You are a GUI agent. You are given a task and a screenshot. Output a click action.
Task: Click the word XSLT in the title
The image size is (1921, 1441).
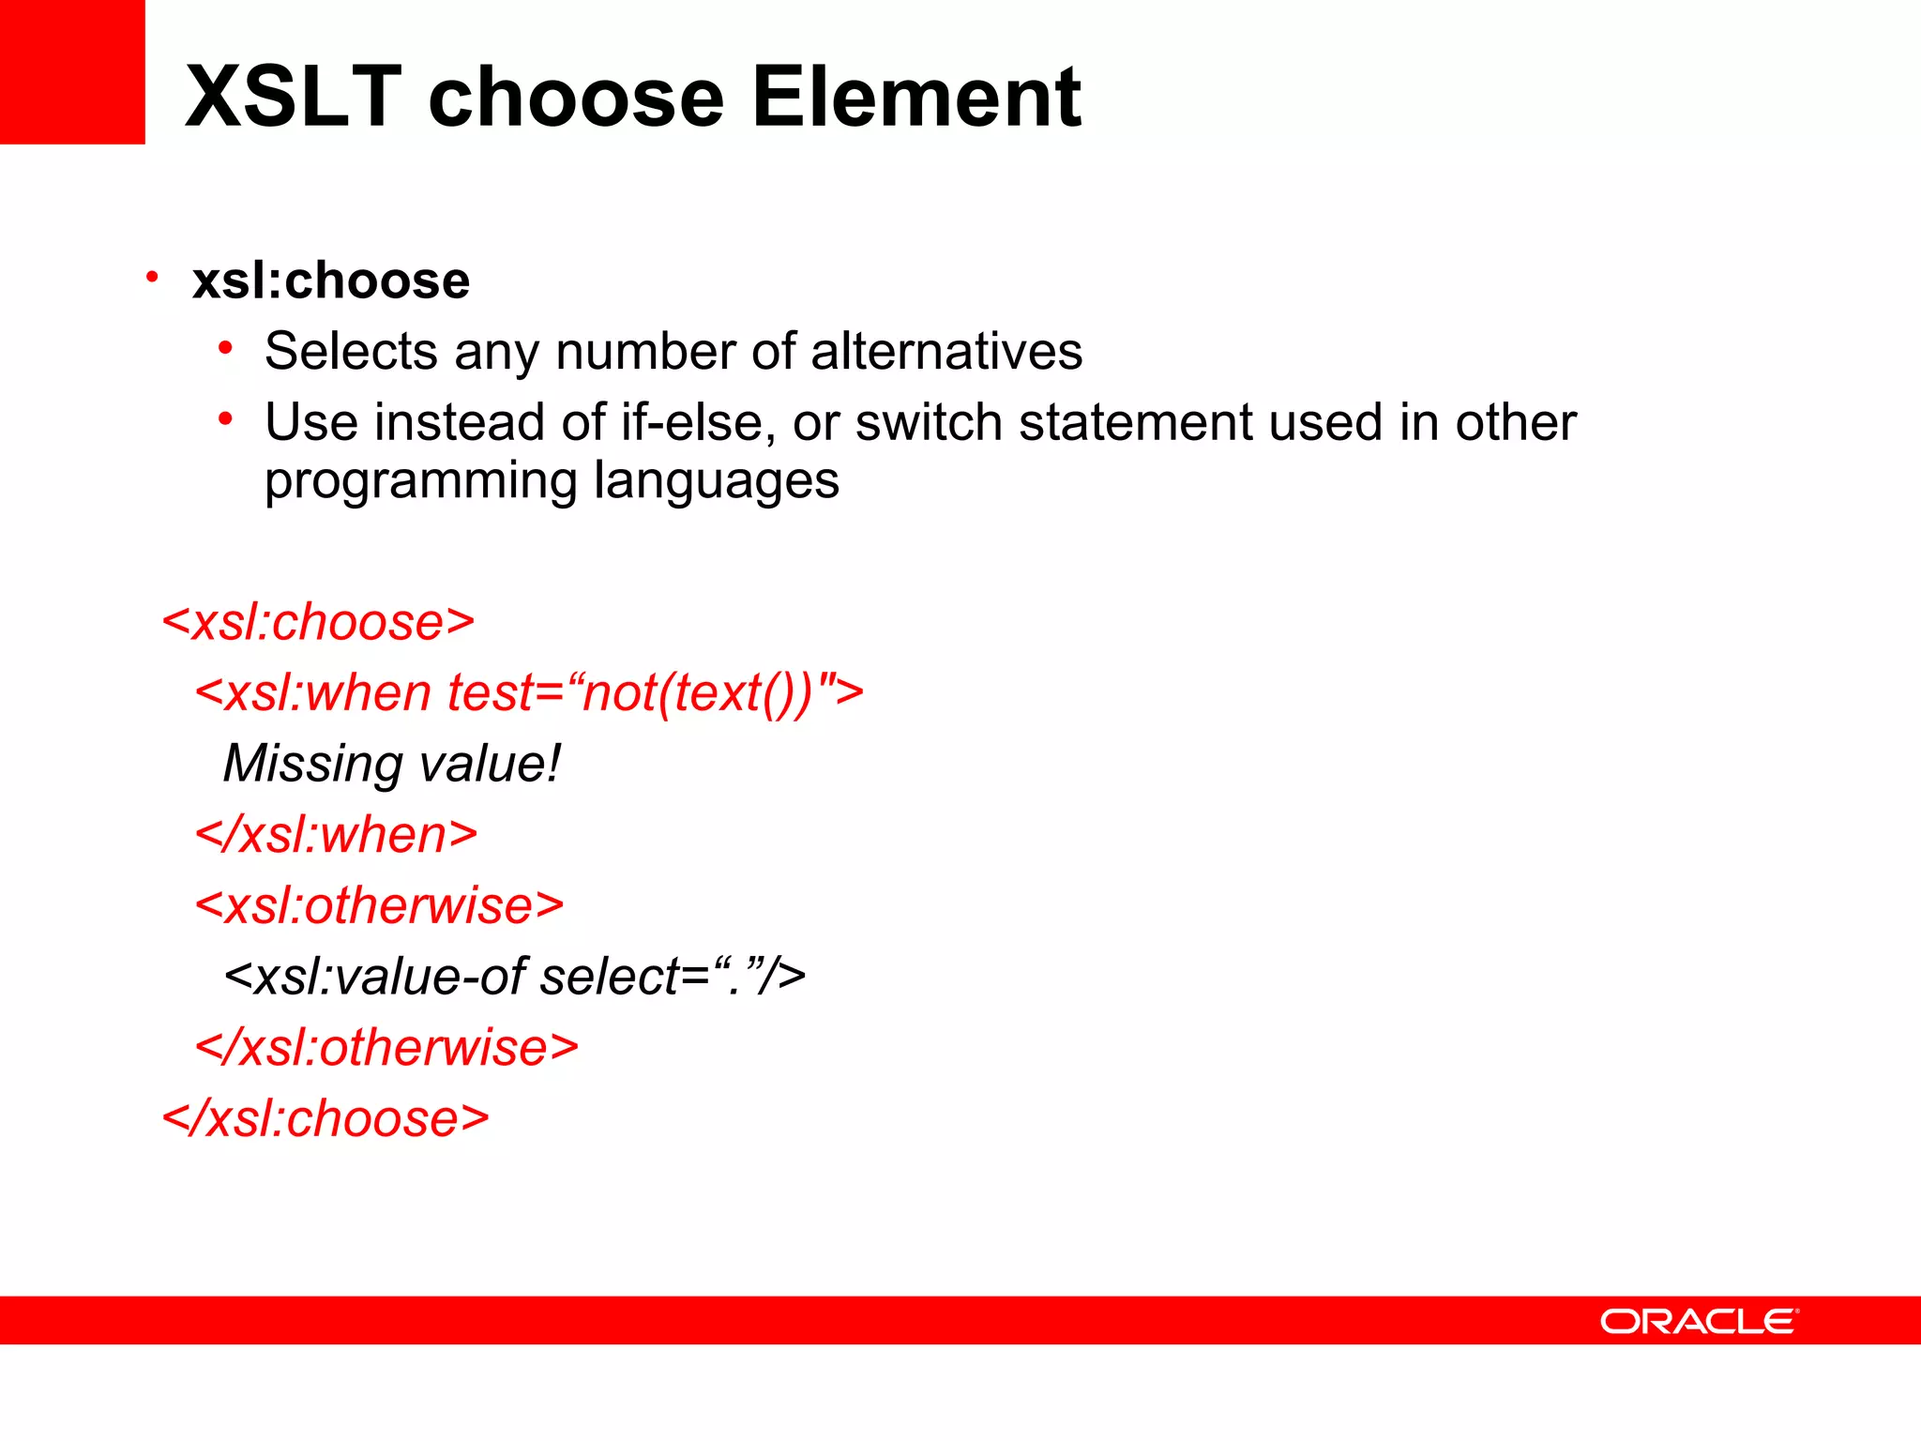click(294, 97)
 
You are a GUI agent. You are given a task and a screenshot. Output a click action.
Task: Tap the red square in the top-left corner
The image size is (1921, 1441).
click(71, 71)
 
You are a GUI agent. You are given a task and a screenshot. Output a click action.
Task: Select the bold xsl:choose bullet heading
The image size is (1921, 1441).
click(330, 281)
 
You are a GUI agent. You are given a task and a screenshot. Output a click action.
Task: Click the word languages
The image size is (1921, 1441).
click(717, 482)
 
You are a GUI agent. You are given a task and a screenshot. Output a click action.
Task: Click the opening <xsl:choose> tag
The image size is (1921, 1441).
click(319, 622)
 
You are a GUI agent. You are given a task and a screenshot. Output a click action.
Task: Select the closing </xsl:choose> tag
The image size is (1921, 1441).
click(325, 1118)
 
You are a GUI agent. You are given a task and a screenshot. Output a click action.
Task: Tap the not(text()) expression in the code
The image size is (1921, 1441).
click(696, 693)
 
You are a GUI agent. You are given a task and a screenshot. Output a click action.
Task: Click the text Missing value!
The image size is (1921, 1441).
click(391, 764)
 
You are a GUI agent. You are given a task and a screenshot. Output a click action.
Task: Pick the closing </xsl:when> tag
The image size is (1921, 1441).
click(336, 834)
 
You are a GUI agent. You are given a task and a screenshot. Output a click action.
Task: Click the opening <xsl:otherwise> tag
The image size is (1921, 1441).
click(379, 905)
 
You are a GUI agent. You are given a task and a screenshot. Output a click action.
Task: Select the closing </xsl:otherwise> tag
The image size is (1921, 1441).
click(386, 1047)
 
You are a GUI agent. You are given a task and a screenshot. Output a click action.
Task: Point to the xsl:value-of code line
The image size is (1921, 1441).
click(514, 977)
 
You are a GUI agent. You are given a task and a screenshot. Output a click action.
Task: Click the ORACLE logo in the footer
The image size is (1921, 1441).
click(1699, 1321)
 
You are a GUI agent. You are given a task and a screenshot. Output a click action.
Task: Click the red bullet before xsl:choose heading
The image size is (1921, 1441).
click(152, 278)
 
